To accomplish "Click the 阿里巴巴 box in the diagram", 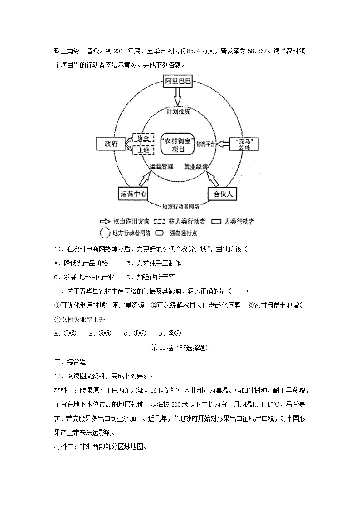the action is click(x=178, y=82).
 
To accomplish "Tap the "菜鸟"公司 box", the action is click(x=244, y=144).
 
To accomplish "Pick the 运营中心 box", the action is click(x=133, y=194).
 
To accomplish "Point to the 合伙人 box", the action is click(x=223, y=194).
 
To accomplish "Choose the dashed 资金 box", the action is click(x=143, y=138).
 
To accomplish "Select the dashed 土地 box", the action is click(x=143, y=150).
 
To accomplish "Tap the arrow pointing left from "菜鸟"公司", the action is click(x=223, y=144).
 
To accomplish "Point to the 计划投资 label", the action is click(x=178, y=111).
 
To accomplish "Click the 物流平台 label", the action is click(x=205, y=144).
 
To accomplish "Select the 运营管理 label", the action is click(x=161, y=166).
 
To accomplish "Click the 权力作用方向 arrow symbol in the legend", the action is click(x=105, y=222).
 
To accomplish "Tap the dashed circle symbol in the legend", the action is click(x=105, y=233).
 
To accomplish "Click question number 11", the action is click(x=58, y=291).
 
